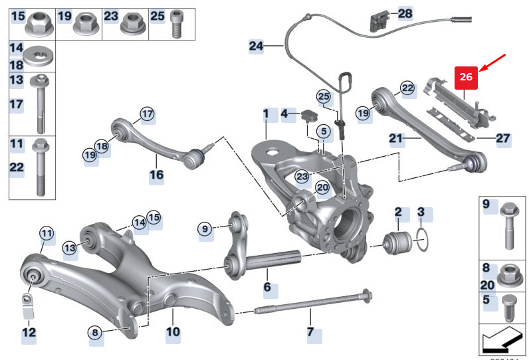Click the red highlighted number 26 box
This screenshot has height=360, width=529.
(x=466, y=77)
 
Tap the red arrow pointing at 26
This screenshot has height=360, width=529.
(x=494, y=64)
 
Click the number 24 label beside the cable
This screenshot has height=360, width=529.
(x=257, y=46)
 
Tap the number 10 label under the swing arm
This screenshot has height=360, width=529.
(x=173, y=331)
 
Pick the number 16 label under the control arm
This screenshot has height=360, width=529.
(x=156, y=175)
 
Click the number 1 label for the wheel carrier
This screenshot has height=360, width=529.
(x=266, y=114)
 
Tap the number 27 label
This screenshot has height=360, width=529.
(x=502, y=138)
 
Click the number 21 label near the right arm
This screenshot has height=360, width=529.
(x=397, y=138)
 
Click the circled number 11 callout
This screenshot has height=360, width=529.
(x=46, y=233)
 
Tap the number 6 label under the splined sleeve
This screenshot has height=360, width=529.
(x=267, y=288)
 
